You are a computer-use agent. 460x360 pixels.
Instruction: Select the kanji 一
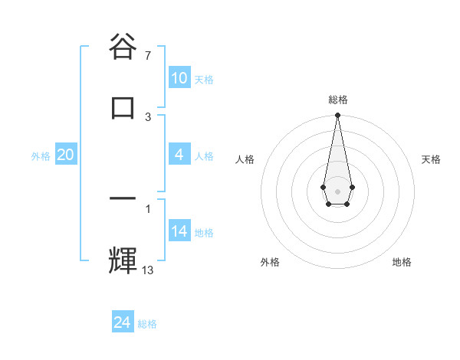123,198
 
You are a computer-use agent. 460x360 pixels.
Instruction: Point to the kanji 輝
123,258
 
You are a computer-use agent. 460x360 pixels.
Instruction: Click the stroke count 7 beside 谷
148,56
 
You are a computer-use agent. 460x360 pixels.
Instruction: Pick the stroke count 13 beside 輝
148,270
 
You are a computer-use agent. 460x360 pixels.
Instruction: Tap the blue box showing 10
179,78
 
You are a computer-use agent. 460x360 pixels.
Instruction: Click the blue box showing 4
179,155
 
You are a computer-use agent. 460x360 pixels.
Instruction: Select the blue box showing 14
179,231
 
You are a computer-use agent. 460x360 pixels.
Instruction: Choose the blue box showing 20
66,155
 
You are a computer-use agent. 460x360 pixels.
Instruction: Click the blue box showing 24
123,322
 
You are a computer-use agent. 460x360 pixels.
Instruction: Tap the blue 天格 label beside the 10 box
204,80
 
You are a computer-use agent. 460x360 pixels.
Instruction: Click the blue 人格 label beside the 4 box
204,156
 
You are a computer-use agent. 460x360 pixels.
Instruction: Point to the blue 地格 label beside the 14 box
204,233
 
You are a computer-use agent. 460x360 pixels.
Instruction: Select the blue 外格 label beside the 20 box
41,156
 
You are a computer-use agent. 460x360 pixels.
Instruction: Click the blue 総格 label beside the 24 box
147,324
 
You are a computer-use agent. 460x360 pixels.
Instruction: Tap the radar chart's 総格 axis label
338,100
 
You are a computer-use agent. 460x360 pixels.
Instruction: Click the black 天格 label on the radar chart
432,159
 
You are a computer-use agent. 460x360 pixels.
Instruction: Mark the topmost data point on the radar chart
337,116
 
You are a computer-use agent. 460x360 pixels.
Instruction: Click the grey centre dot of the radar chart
337,190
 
